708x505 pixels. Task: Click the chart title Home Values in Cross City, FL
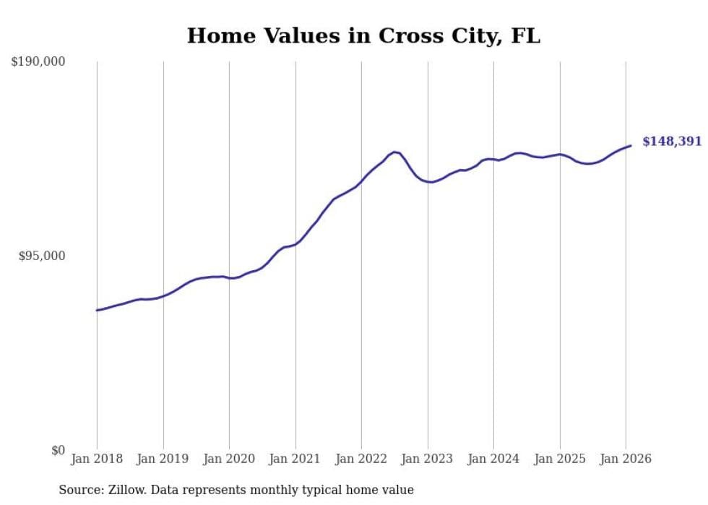pyautogui.click(x=363, y=35)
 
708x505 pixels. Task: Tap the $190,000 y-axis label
pyautogui.click(x=38, y=61)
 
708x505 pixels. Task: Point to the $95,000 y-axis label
pyautogui.click(x=41, y=256)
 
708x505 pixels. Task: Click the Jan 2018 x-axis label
pyautogui.click(x=97, y=459)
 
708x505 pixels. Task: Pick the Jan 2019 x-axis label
pyautogui.click(x=163, y=459)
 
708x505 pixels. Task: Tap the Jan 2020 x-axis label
pyautogui.click(x=229, y=459)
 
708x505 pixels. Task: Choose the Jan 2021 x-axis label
pyautogui.click(x=295, y=459)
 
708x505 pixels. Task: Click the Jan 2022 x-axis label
pyautogui.click(x=361, y=459)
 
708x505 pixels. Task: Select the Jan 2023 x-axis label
pyautogui.click(x=428, y=459)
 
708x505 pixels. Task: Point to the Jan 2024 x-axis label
pyautogui.click(x=493, y=459)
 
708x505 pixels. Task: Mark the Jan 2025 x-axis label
pyautogui.click(x=560, y=459)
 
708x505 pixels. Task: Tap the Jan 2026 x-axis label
pyautogui.click(x=626, y=459)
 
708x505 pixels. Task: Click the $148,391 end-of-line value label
pyautogui.click(x=672, y=142)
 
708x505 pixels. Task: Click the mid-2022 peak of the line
pyautogui.click(x=394, y=152)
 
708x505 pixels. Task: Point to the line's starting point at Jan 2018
pyautogui.click(x=97, y=310)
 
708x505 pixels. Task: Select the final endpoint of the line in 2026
pyautogui.click(x=631, y=146)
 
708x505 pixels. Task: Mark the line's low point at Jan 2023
pyautogui.click(x=431, y=182)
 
